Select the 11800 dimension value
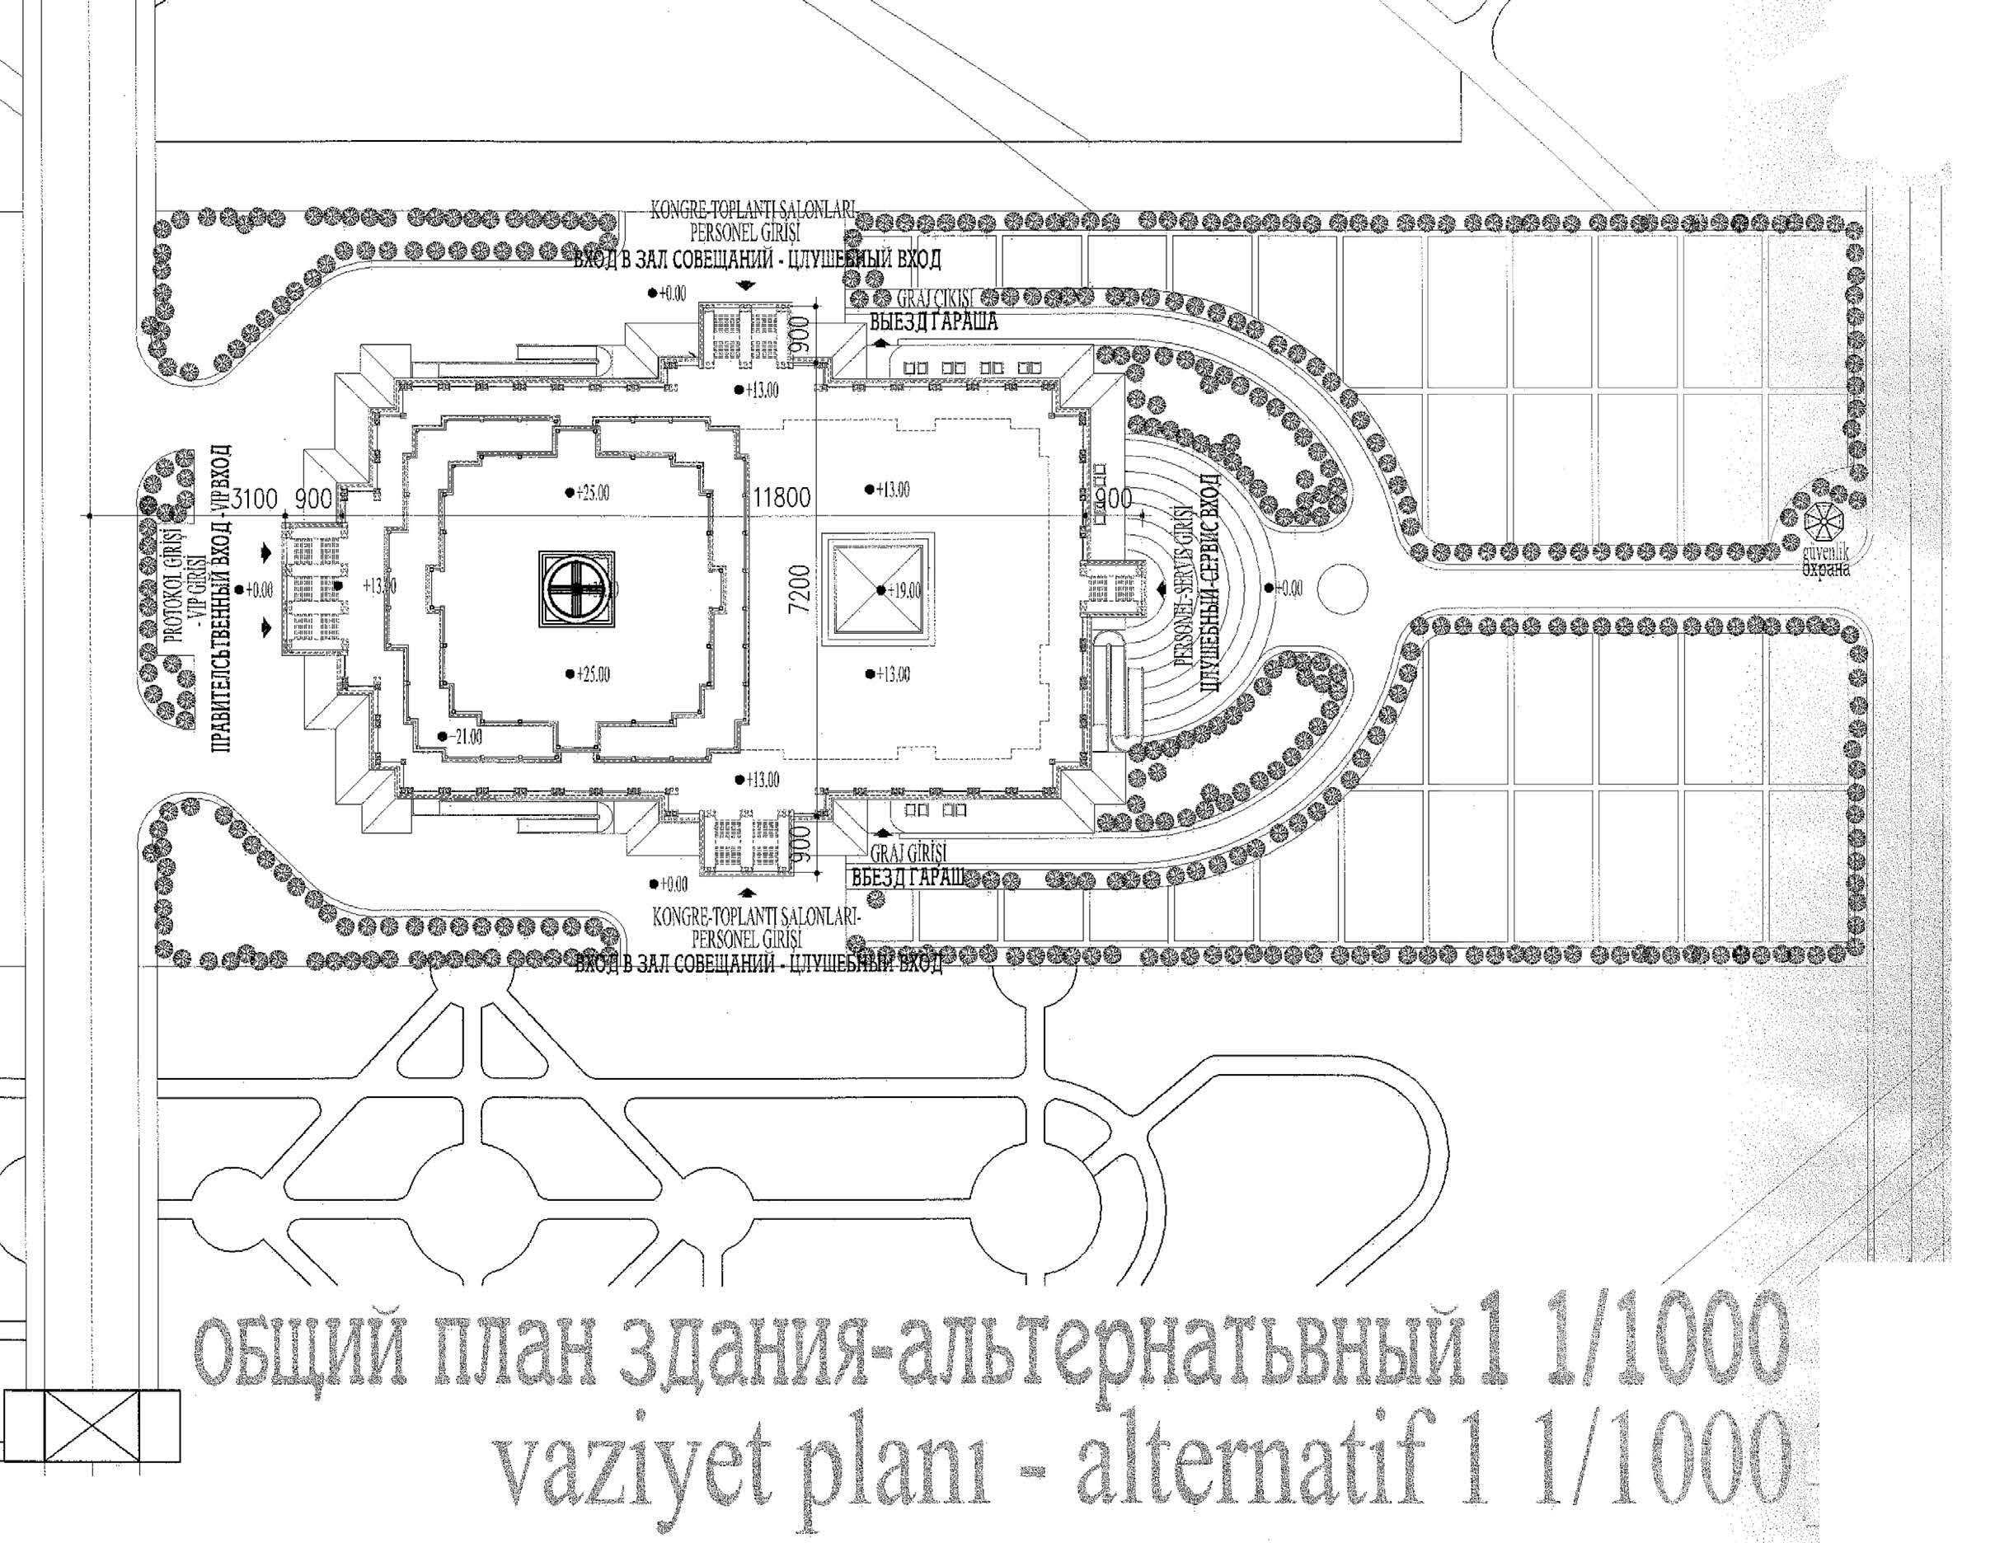click(x=782, y=499)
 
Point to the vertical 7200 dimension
click(x=800, y=596)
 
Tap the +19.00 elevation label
click(x=904, y=590)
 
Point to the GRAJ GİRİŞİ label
click(x=905, y=855)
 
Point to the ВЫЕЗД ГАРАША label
click(x=932, y=322)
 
